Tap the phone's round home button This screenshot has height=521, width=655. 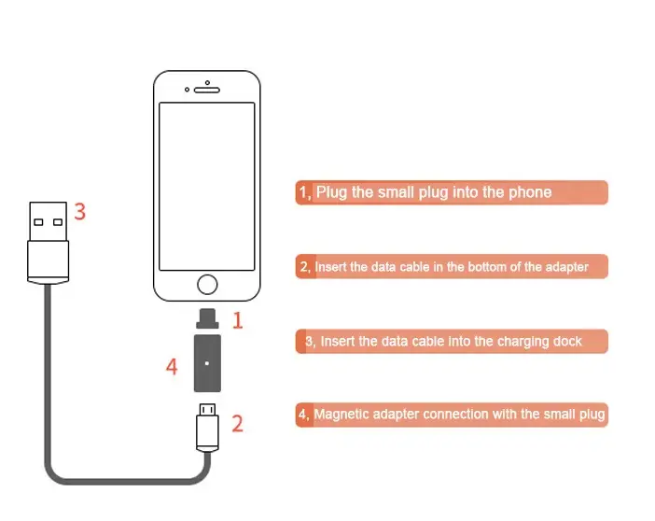[x=207, y=285]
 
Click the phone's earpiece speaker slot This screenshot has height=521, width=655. [x=207, y=90]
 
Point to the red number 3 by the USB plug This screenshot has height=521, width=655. [x=80, y=212]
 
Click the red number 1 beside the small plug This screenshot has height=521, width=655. [x=238, y=320]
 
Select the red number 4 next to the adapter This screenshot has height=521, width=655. [x=172, y=367]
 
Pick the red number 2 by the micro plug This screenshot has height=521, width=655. [x=237, y=424]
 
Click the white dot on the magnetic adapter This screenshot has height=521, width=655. [x=207, y=363]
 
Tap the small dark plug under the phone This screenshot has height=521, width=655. [x=207, y=318]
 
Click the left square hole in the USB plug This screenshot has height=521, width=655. [x=38, y=222]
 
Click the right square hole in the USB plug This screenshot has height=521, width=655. [x=58, y=222]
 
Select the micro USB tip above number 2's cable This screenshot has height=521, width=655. [x=207, y=409]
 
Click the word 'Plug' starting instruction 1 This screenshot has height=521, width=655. [x=331, y=192]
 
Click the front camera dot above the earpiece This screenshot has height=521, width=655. [x=207, y=83]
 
